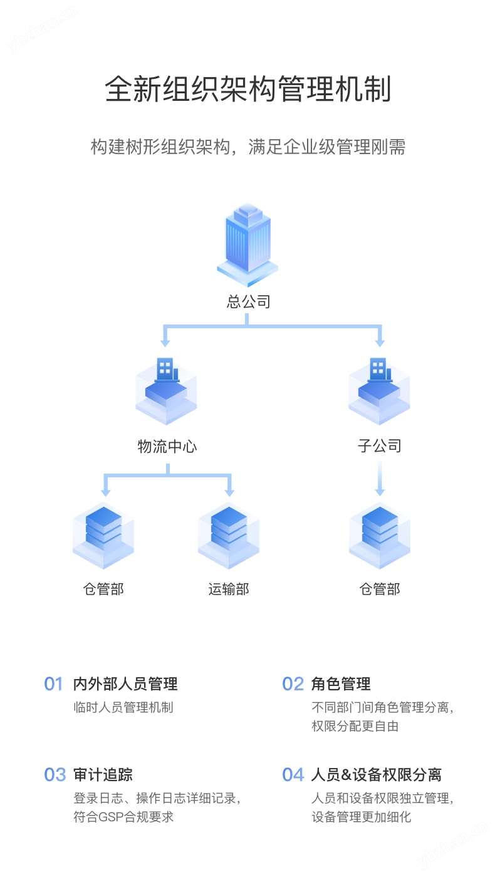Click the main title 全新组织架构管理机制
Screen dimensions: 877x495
click(x=247, y=88)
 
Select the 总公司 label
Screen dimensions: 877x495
click(x=248, y=301)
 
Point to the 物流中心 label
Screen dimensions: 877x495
click(x=167, y=447)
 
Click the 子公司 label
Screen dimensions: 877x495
click(x=379, y=446)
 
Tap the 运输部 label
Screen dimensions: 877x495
click(x=229, y=589)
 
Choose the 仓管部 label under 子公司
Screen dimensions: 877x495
click(x=379, y=589)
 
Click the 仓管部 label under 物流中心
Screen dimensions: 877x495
click(x=103, y=589)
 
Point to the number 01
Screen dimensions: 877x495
click(x=54, y=684)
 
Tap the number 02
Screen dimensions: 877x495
click(x=293, y=684)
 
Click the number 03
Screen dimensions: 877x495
click(x=55, y=775)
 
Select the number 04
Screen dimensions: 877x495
click(x=293, y=775)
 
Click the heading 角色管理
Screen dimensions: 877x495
click(x=341, y=684)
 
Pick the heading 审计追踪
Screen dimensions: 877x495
click(x=103, y=775)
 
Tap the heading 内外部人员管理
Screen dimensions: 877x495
click(x=125, y=684)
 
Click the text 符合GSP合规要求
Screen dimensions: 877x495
click(x=123, y=817)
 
